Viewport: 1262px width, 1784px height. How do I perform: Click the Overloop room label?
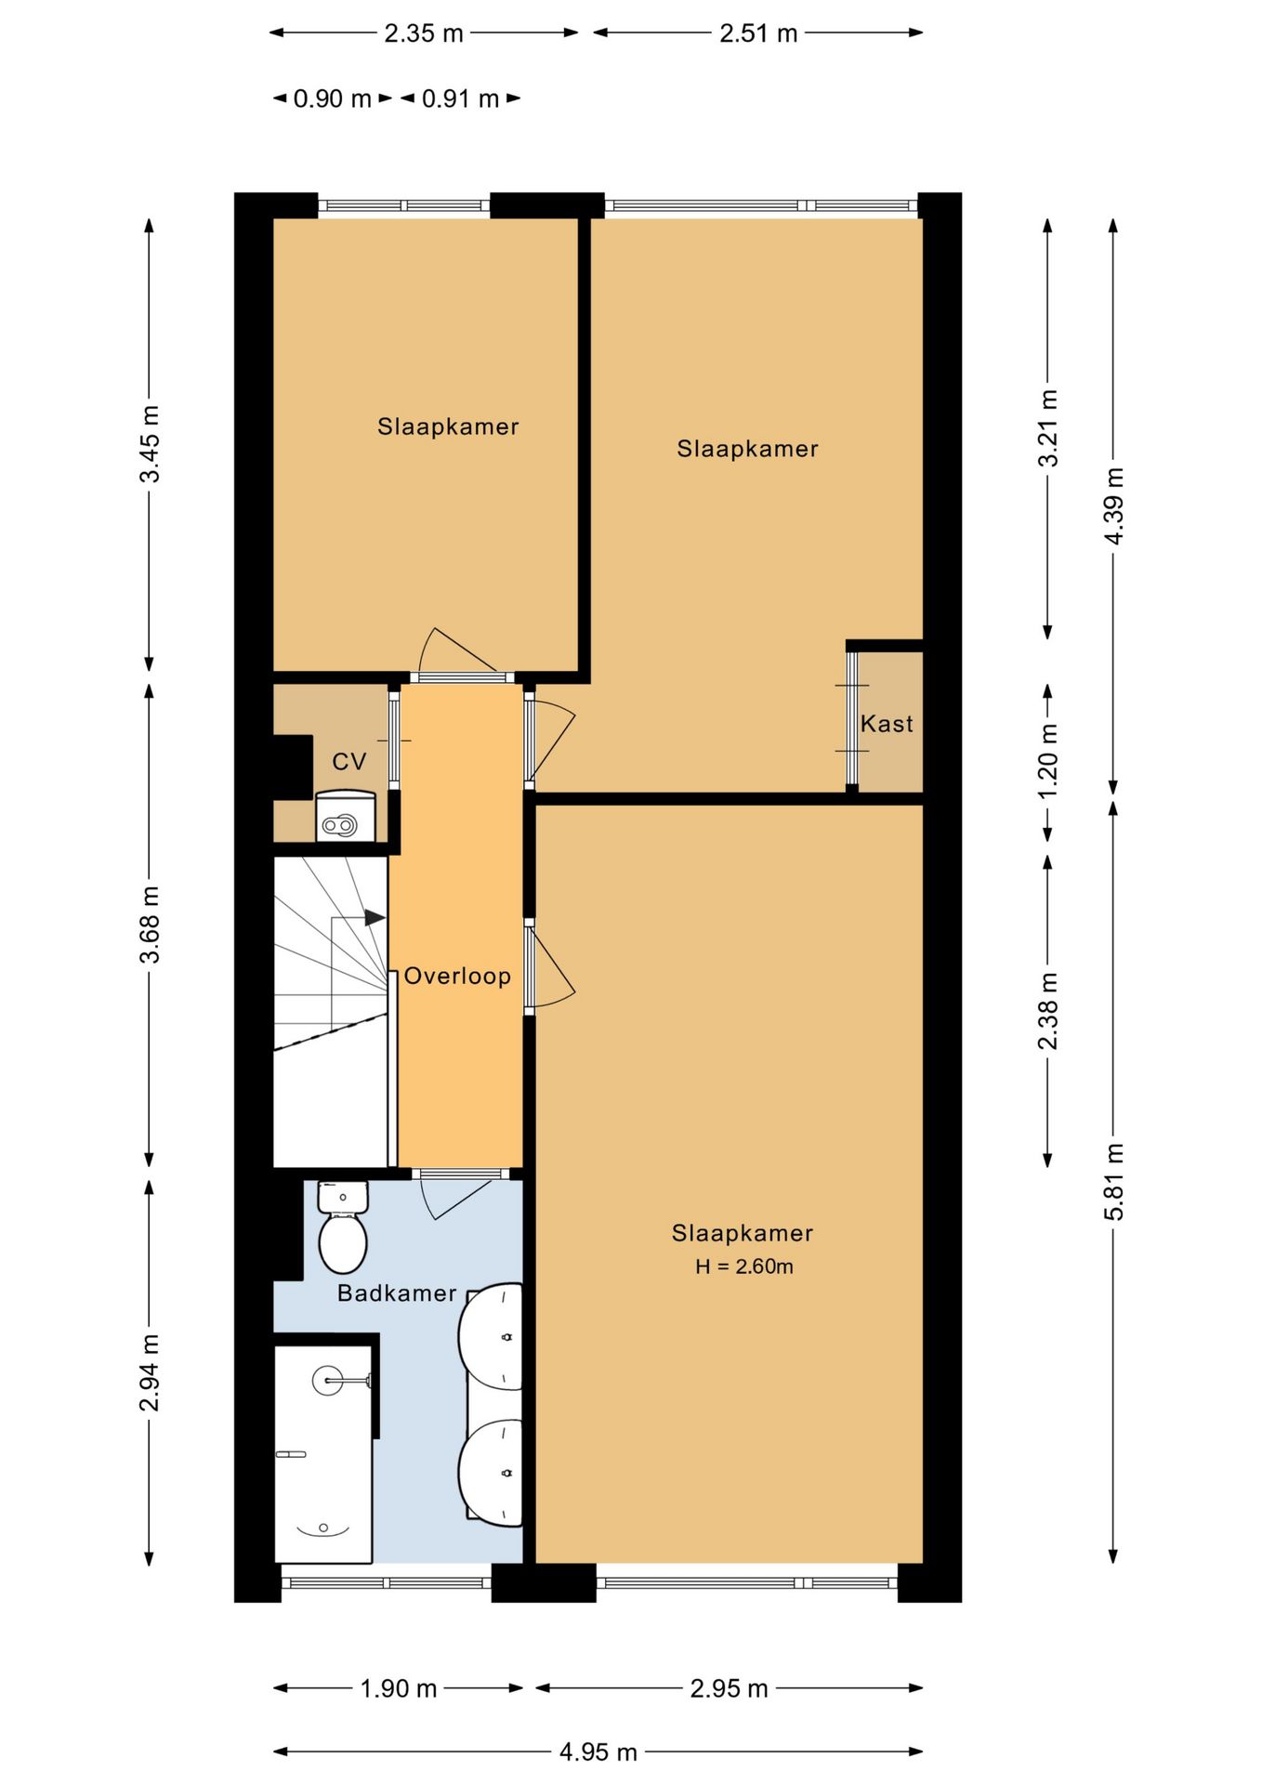tap(457, 976)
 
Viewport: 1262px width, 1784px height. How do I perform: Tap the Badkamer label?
tap(397, 1293)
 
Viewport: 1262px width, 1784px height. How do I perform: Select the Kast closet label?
tap(887, 724)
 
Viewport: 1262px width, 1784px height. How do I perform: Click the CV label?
tap(349, 762)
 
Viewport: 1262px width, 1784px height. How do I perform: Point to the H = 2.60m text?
tap(744, 1266)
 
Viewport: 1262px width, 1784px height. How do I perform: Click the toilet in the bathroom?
tap(343, 1226)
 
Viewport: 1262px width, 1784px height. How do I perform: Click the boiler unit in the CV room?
tap(345, 816)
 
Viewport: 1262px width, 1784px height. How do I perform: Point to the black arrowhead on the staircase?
tap(375, 918)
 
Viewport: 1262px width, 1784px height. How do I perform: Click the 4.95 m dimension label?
tap(598, 1752)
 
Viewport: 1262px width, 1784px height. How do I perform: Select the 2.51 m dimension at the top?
tap(758, 33)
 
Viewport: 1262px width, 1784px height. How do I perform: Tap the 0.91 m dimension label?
tap(460, 98)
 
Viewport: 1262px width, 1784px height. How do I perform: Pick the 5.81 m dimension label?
tap(1113, 1182)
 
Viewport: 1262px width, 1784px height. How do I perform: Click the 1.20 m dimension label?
tap(1047, 760)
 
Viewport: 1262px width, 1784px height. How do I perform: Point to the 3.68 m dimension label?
tap(150, 925)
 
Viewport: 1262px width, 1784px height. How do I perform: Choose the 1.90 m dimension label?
tap(399, 1688)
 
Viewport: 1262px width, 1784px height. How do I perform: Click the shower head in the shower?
tap(328, 1381)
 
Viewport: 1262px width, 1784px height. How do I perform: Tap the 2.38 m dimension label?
tap(1047, 1011)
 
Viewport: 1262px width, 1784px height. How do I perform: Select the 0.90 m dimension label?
tap(332, 98)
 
